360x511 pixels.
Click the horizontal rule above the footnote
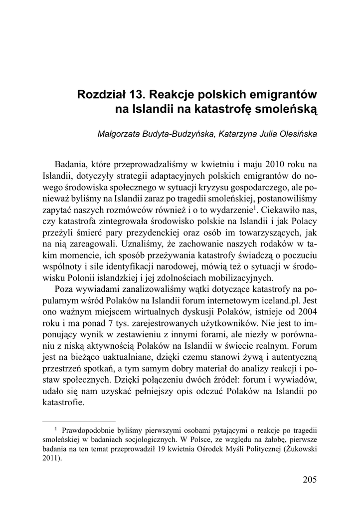point(79,421)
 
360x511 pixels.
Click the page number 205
point(309,480)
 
